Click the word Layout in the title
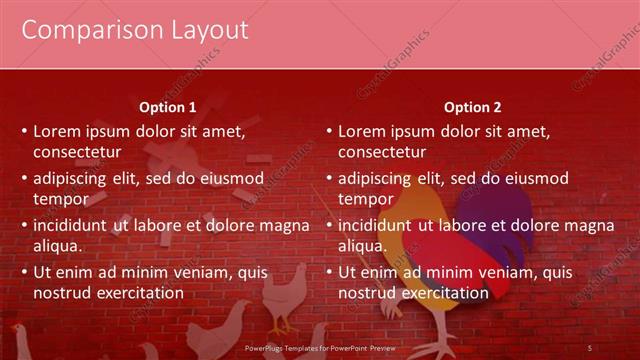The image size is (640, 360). coord(204,31)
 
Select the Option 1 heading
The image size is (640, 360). coord(168,108)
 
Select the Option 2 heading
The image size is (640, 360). coord(473,108)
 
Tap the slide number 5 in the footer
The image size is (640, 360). coord(590,347)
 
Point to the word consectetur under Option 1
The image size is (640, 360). coord(78,152)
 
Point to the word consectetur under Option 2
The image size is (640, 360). coord(382,152)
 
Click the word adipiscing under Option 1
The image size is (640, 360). coord(73,178)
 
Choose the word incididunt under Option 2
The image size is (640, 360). coord(375,225)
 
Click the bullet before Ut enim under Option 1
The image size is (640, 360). coord(24,273)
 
